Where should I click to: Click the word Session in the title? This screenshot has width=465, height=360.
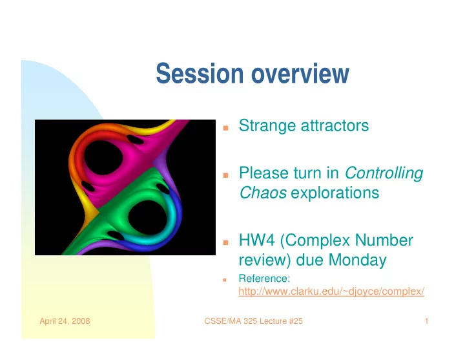pyautogui.click(x=200, y=73)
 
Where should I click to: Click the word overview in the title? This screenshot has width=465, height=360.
pyautogui.click(x=300, y=73)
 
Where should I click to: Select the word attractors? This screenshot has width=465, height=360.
pyautogui.click(x=335, y=126)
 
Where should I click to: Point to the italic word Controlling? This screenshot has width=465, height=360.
pyautogui.click(x=384, y=173)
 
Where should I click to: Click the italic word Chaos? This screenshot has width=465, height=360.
pyautogui.click(x=263, y=193)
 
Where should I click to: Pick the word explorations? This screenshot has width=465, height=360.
pyautogui.click(x=335, y=193)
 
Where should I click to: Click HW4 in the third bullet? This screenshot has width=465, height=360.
pyautogui.click(x=257, y=240)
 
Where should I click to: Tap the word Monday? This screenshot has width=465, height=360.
pyautogui.click(x=357, y=260)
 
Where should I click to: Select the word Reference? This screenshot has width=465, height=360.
pyautogui.click(x=264, y=279)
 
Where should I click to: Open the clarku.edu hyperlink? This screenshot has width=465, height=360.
pyautogui.click(x=331, y=291)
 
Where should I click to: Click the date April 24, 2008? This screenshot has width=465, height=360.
pyautogui.click(x=65, y=321)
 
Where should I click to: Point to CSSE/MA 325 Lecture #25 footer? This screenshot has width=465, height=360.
pyautogui.click(x=254, y=321)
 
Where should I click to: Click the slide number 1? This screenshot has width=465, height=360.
pyautogui.click(x=426, y=321)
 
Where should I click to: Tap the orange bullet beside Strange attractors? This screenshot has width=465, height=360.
pyautogui.click(x=225, y=128)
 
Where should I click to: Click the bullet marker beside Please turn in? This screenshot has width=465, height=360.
pyautogui.click(x=225, y=175)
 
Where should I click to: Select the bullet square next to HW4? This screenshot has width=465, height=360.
pyautogui.click(x=225, y=242)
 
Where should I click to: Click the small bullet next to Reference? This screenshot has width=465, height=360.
pyautogui.click(x=225, y=280)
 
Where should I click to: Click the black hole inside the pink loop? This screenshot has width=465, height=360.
pyautogui.click(x=103, y=158)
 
